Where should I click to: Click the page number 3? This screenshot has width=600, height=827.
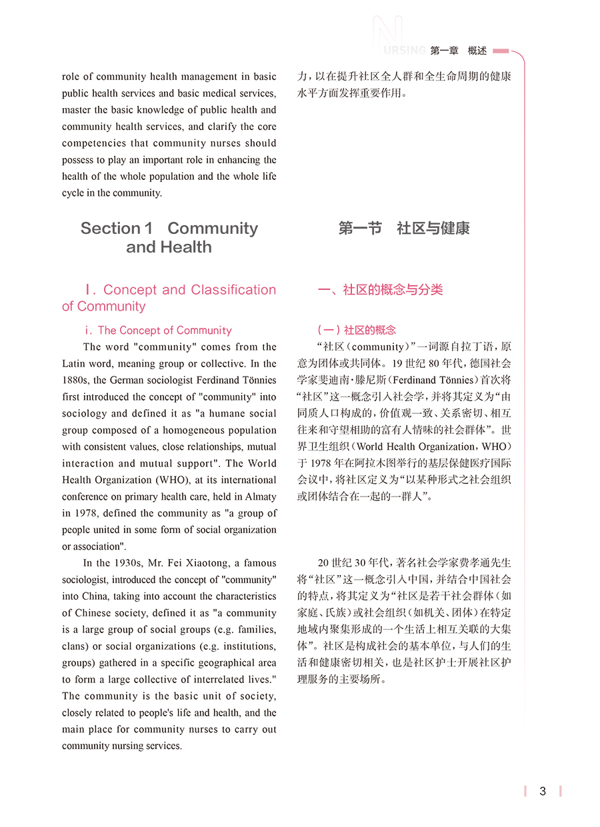[x=543, y=791]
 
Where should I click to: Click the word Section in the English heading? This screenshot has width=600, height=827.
[x=111, y=229]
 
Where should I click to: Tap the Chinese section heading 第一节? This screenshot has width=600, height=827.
[x=360, y=229]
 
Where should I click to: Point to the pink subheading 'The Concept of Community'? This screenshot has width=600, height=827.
[x=165, y=331]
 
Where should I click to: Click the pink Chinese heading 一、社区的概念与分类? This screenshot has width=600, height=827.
[x=380, y=290]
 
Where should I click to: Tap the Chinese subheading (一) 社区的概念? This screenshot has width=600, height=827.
[x=356, y=331]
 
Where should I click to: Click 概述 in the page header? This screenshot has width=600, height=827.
[x=477, y=51]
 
